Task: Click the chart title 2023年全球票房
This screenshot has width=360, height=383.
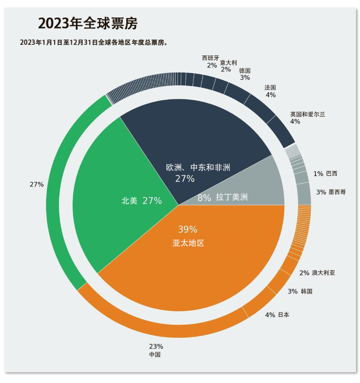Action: pos(88,23)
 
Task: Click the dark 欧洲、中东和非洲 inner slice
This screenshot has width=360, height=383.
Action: pos(192,136)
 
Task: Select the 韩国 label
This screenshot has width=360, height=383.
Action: pos(306,291)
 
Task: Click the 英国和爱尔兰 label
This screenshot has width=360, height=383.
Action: pos(307,114)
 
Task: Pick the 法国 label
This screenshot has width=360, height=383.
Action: pos(271,87)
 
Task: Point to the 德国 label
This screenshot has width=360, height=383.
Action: pos(245,71)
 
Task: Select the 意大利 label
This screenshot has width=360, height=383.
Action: pos(228,63)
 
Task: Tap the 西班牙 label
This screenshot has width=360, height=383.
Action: pos(211,58)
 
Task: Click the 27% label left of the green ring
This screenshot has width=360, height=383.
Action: pos(37,185)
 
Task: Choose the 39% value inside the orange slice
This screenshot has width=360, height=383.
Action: pos(187,229)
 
